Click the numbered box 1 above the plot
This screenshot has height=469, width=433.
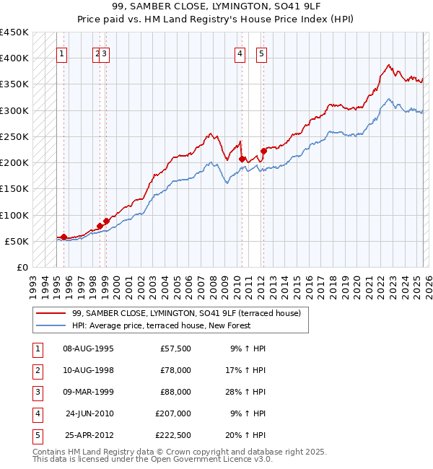point(62,53)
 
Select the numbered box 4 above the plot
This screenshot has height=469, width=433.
point(240,53)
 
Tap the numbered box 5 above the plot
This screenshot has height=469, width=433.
point(261,53)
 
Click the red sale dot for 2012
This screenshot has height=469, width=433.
point(263,152)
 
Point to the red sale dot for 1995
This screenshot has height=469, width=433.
point(64,237)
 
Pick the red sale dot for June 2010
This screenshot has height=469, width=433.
point(242,159)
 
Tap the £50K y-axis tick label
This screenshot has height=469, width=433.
point(17,241)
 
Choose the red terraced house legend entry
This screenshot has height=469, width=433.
point(191,313)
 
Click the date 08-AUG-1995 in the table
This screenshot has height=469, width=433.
point(89,349)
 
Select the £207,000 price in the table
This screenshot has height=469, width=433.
point(173,414)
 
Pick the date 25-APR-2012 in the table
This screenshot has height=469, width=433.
point(89,436)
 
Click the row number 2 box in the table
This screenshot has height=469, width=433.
point(35,371)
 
